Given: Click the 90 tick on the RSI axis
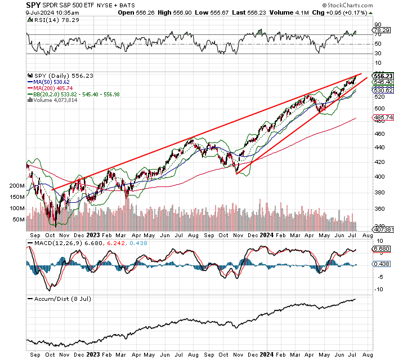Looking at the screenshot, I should tap(378, 24).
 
